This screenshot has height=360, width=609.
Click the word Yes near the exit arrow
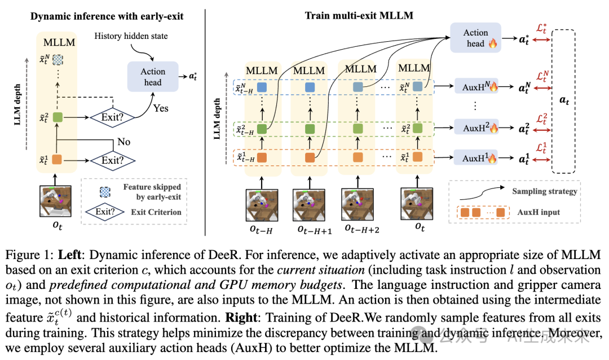point(161,108)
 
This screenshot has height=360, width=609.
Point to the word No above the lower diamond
point(123,142)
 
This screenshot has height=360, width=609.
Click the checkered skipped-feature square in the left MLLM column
point(56,59)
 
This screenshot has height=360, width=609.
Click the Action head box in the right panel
point(476,37)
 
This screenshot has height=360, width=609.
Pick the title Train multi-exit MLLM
point(359,15)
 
